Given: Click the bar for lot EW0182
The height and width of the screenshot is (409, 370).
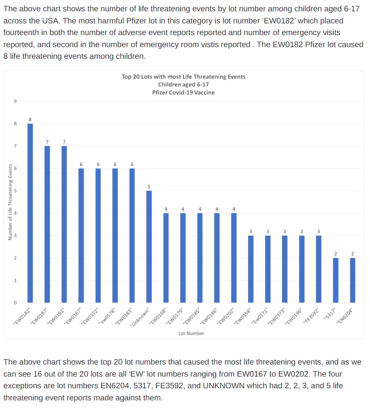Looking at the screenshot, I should tap(30, 213).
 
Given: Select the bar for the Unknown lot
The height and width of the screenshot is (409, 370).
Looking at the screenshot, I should tap(149, 247).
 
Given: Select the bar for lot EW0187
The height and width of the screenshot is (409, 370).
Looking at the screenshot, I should tap(47, 224).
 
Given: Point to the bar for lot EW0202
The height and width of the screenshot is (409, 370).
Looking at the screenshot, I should tap(234, 258).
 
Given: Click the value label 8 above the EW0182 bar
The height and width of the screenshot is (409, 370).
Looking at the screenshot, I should tap(30, 119).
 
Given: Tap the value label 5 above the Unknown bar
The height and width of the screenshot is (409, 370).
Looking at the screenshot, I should tap(149, 186).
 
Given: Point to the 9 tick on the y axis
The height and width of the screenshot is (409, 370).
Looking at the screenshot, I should tap(15, 101).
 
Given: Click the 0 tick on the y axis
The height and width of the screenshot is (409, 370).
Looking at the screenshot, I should tap(15, 303).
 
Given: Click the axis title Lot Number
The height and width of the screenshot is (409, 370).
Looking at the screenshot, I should tap(191, 333).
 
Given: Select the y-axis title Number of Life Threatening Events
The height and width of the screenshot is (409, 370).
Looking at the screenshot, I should tap(10, 202).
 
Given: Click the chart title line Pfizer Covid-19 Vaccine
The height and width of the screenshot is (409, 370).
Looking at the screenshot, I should tap(183, 92).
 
